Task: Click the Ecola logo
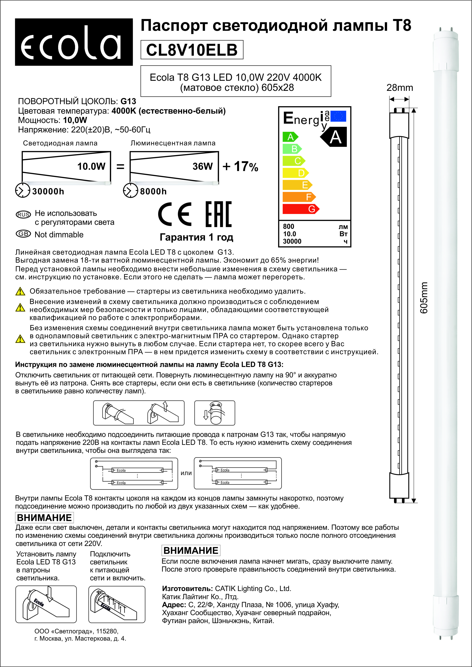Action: [x=74, y=42]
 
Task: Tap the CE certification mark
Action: [x=175, y=215]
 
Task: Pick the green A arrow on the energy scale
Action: [x=290, y=137]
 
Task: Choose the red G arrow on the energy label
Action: [x=301, y=209]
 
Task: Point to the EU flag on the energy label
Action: [x=338, y=116]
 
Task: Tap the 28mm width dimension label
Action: [x=400, y=87]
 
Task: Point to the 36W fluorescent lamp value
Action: [x=203, y=166]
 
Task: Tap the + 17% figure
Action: [x=240, y=166]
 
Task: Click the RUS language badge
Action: [x=23, y=215]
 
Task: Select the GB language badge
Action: [x=23, y=234]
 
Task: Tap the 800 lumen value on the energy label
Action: [x=289, y=226]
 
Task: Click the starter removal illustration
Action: [x=215, y=413]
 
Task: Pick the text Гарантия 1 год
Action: [x=196, y=237]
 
